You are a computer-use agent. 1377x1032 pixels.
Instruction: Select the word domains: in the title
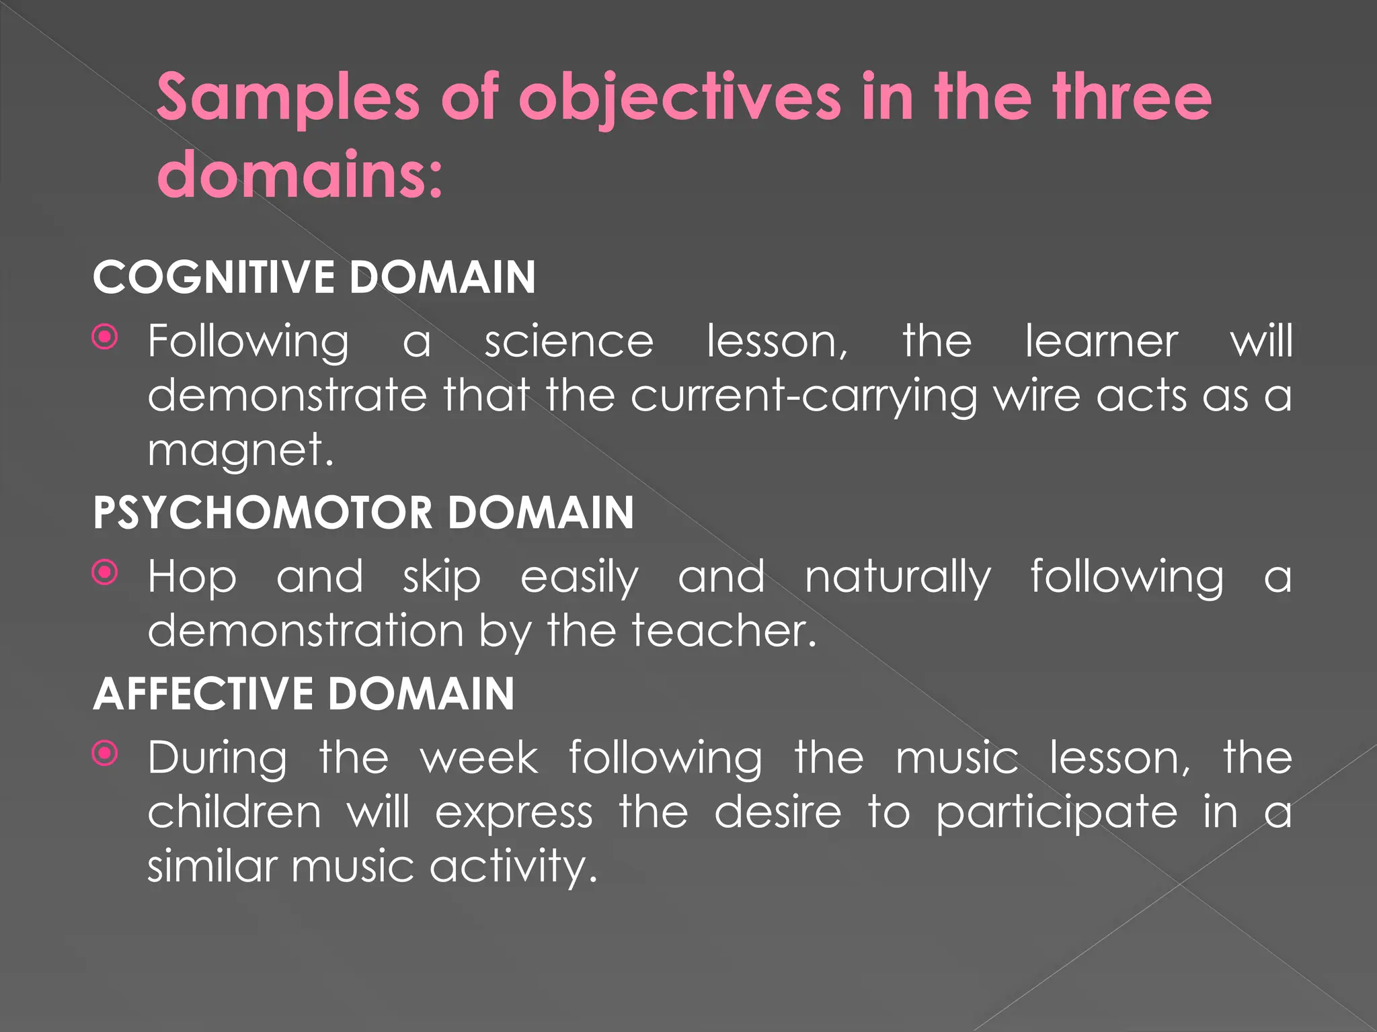click(300, 175)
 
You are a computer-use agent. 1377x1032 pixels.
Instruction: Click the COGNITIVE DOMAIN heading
click(314, 277)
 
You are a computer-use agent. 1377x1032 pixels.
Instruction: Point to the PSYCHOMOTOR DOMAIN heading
click(363, 513)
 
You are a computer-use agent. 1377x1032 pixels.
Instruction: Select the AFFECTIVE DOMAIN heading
click(304, 693)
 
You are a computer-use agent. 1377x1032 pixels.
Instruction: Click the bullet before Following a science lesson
click(105, 337)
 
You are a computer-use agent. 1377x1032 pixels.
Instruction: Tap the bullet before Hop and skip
click(105, 573)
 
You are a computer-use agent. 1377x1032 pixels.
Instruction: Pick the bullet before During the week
click(105, 754)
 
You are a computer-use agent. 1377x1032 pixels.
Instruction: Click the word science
click(569, 341)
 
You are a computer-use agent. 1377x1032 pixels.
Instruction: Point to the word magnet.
click(240, 450)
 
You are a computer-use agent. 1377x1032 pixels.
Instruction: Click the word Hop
click(192, 577)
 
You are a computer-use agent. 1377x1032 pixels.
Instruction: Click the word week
click(479, 758)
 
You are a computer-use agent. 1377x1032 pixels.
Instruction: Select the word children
click(235, 812)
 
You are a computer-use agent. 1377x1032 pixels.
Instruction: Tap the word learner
click(1101, 341)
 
